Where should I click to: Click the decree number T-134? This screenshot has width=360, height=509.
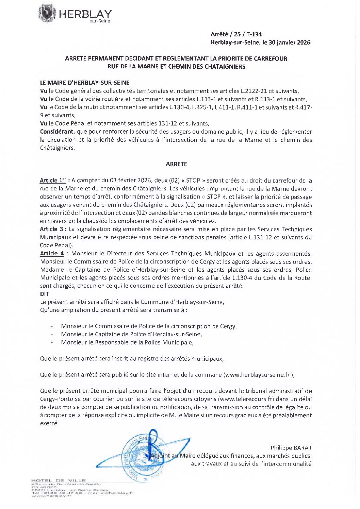[254, 34]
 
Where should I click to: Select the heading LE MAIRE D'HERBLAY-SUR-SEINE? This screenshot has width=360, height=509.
[85, 83]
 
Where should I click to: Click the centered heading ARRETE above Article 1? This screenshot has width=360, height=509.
[176, 164]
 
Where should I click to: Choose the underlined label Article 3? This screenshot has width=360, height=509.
[51, 229]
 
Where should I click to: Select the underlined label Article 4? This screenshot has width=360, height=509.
[52, 253]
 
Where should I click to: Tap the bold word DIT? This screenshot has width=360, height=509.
[45, 294]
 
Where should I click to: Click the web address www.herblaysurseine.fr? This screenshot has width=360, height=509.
[258, 375]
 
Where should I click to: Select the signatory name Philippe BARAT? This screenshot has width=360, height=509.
[291, 447]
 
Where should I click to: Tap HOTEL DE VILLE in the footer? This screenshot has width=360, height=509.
[58, 480]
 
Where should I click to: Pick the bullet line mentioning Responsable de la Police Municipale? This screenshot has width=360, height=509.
[127, 342]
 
